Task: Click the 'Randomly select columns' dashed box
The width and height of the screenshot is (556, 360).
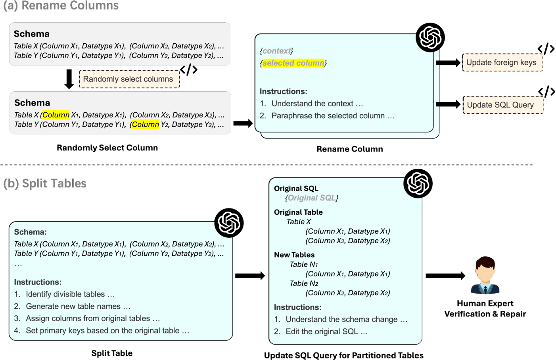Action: [129, 79]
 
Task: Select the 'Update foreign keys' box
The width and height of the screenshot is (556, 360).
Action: [502, 62]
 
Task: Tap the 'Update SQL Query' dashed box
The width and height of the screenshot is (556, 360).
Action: [503, 105]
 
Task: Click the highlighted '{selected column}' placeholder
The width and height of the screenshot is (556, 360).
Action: [293, 63]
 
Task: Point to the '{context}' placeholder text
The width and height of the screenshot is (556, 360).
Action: [276, 51]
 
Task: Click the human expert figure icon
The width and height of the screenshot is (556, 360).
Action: [485, 275]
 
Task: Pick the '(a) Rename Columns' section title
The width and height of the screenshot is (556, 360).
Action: [61, 6]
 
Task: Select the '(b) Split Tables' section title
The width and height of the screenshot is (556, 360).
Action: [45, 183]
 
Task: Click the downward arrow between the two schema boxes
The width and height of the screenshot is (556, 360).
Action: [69, 79]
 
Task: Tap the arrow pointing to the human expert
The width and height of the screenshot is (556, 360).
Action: [445, 275]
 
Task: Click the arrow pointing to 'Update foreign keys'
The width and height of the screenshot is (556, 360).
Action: [448, 63]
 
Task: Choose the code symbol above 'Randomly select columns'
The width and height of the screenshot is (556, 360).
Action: [189, 69]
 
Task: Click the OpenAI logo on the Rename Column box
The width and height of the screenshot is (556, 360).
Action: [430, 37]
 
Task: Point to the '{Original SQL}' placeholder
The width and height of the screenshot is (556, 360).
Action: [311, 198]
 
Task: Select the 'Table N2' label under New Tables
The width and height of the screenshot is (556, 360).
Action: [304, 283]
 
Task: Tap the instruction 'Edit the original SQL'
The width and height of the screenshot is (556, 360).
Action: [327, 331]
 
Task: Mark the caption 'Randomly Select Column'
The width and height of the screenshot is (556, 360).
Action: [107, 148]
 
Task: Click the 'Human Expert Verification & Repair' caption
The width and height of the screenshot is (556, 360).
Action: [485, 308]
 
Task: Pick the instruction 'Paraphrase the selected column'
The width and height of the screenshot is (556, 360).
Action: [333, 116]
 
